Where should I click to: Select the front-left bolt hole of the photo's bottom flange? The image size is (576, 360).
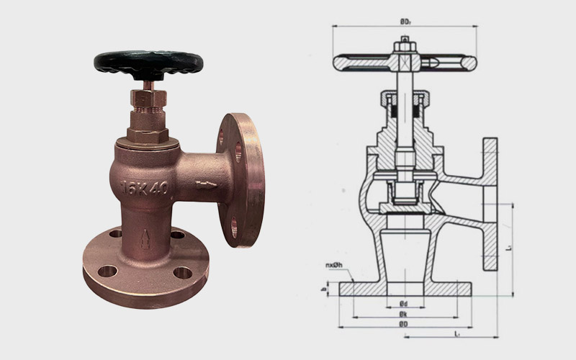click(x=108, y=271)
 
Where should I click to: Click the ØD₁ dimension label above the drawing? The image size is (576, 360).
click(x=405, y=22)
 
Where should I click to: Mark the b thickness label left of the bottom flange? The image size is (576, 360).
click(x=325, y=289)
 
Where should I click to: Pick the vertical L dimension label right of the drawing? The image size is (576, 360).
click(x=508, y=248)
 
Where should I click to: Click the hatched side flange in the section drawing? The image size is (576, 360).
click(x=490, y=216)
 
